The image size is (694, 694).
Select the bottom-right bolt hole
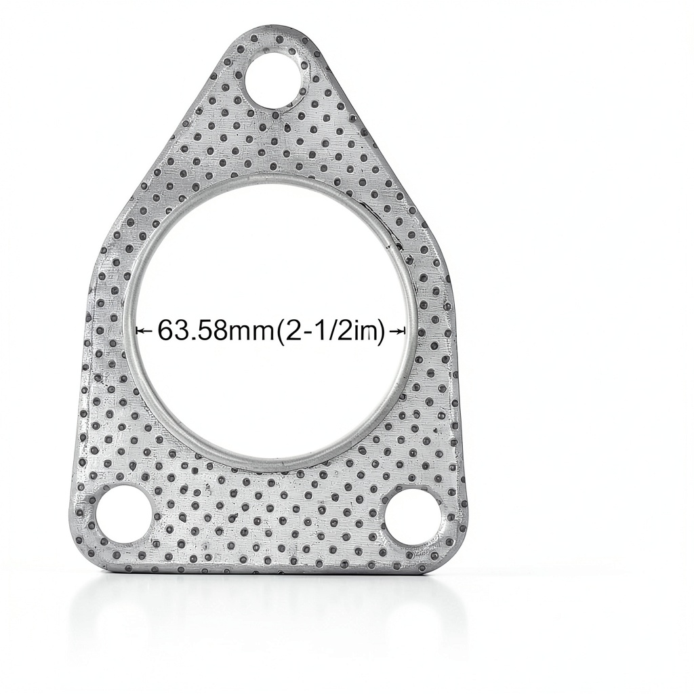415,514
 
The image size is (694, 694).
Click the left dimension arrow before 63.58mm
145,330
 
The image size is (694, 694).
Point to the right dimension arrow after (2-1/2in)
396,330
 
